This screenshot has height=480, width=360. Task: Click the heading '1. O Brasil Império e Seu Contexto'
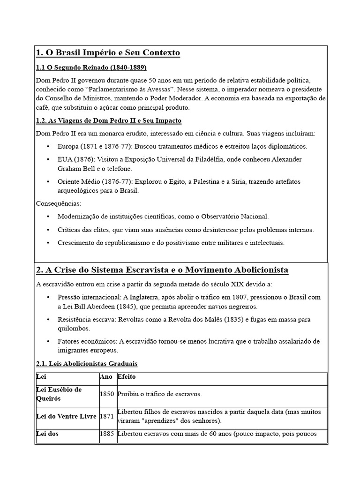click(108, 53)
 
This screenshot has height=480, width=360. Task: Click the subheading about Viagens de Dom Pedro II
click(109, 121)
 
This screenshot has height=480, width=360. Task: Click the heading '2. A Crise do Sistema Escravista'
click(162, 270)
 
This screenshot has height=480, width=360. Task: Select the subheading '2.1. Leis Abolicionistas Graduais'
click(87, 364)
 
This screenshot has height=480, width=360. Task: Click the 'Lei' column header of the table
click(41, 376)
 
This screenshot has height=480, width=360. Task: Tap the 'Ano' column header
click(106, 376)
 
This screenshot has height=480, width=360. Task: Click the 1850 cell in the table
click(107, 394)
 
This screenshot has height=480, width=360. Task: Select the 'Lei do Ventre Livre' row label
click(66, 416)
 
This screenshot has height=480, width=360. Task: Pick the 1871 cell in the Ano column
click(107, 416)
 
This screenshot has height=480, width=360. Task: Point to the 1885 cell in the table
click(107, 434)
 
